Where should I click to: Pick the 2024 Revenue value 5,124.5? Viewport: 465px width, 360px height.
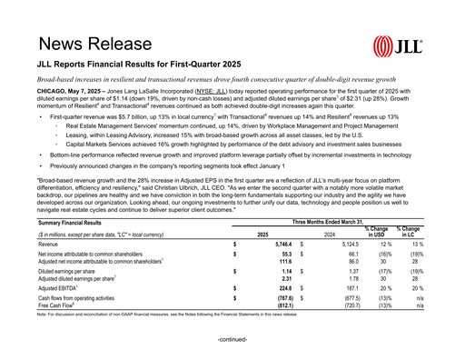[x=346, y=245]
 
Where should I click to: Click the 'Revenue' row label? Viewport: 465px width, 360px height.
[x=49, y=245]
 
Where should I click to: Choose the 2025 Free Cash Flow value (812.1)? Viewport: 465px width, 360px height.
[x=278, y=304]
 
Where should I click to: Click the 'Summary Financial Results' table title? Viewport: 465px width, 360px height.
[x=73, y=221]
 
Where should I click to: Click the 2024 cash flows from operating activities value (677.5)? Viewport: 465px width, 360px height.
[x=347, y=296]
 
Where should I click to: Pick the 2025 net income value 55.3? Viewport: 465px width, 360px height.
[x=282, y=255]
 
